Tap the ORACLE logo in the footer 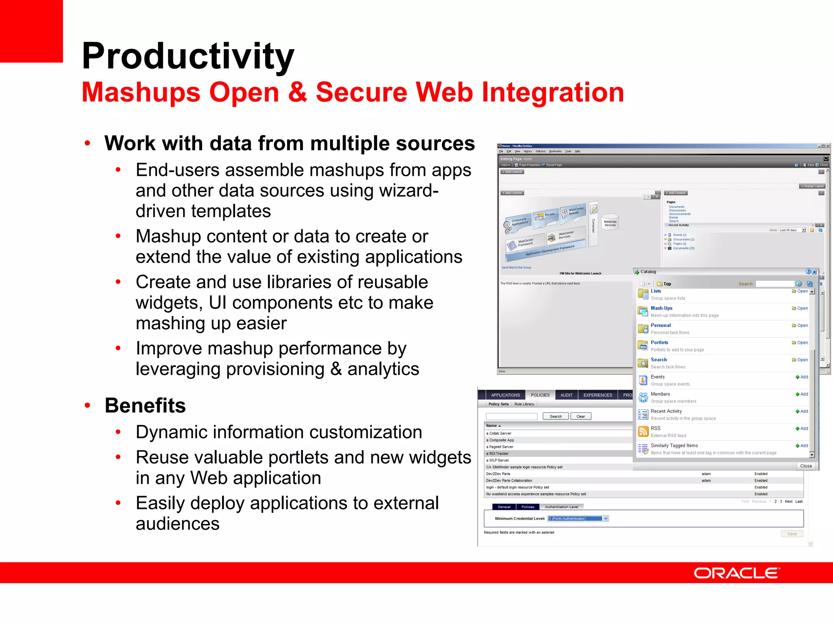(x=737, y=573)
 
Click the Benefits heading (x=145, y=405)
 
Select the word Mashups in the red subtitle (x=141, y=92)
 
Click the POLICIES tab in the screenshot (x=540, y=395)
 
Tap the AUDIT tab (x=566, y=395)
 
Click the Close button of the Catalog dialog (x=805, y=466)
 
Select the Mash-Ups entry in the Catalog (x=661, y=308)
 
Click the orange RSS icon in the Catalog (x=643, y=431)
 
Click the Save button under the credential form (x=792, y=534)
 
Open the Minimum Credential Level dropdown (x=606, y=518)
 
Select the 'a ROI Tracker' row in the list (x=499, y=453)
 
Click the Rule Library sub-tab (x=524, y=404)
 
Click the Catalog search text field (x=774, y=284)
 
